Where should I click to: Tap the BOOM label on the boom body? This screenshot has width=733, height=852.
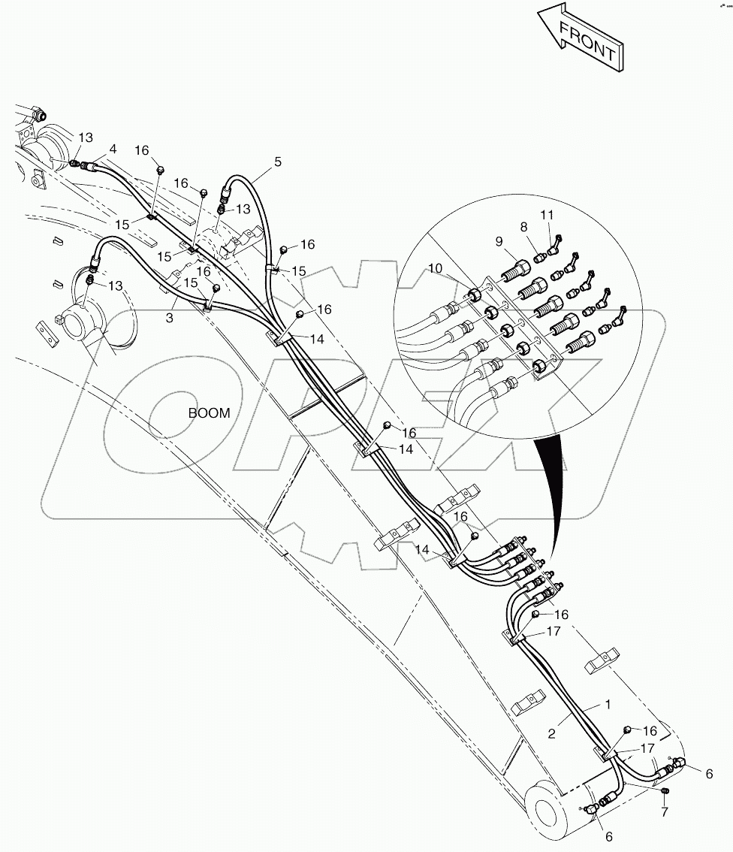coord(209,412)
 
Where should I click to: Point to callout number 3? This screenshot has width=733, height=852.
coord(170,319)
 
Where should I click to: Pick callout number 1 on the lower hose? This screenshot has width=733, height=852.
coord(607,706)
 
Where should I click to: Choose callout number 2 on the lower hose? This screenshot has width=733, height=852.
coord(552,734)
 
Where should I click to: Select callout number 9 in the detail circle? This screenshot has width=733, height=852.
coord(499,241)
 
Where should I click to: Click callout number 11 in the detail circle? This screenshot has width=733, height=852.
coord(547,215)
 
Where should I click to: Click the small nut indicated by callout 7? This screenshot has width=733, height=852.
coord(665,790)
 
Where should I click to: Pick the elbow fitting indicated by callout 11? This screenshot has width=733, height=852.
coord(557,242)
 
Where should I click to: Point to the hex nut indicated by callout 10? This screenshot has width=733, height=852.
coord(475,295)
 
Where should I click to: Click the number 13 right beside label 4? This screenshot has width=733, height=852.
coord(86,137)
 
